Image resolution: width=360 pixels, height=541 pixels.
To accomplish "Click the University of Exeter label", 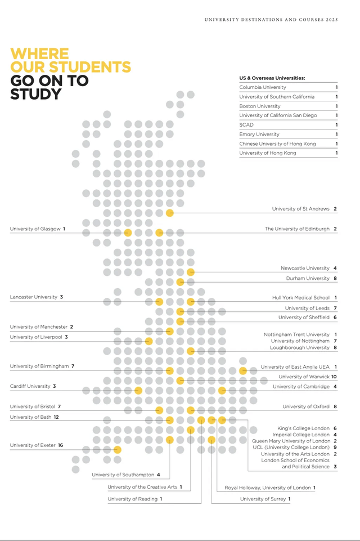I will click(x=33, y=445).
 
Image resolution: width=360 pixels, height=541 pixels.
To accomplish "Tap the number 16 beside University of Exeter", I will click(x=60, y=445).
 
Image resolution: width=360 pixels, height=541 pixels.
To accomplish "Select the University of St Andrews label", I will click(x=300, y=209).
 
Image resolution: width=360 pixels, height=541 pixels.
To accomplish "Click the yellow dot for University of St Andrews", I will click(x=169, y=213).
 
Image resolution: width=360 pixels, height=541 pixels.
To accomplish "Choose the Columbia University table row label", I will click(x=262, y=87).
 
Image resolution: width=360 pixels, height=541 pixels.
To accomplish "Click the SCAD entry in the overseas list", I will click(x=246, y=125).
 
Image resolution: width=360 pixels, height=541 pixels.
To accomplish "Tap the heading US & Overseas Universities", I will click(x=272, y=78).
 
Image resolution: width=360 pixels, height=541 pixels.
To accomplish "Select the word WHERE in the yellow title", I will click(x=39, y=54).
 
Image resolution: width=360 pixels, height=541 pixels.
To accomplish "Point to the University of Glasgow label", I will click(x=35, y=229).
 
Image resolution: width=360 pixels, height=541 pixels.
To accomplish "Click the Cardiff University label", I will click(x=30, y=386).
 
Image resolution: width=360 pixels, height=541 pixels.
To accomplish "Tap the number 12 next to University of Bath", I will click(x=56, y=417).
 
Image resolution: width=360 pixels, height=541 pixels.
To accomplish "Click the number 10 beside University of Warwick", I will click(x=334, y=377).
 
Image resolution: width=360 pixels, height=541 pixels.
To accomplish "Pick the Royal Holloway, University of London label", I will click(x=267, y=488).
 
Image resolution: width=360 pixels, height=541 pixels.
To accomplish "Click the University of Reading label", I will click(x=132, y=499).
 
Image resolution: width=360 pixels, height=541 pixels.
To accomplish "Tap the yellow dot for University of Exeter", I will click(x=118, y=449).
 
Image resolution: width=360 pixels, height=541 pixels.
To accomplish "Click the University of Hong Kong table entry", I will click(x=267, y=153).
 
